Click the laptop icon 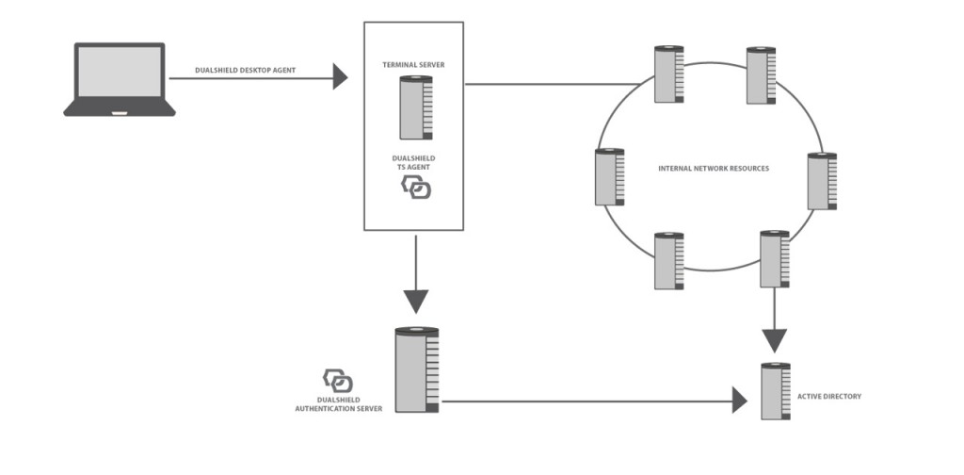[119, 79]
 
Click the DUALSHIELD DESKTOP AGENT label [247, 70]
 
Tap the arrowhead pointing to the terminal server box [341, 77]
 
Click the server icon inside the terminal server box [414, 108]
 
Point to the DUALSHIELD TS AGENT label [414, 162]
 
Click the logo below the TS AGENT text [416, 188]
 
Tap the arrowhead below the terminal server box [414, 301]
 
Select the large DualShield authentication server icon [417, 369]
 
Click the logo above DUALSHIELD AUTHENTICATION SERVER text [338, 381]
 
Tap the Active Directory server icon [776, 390]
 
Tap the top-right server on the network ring [761, 75]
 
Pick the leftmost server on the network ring [609, 176]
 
